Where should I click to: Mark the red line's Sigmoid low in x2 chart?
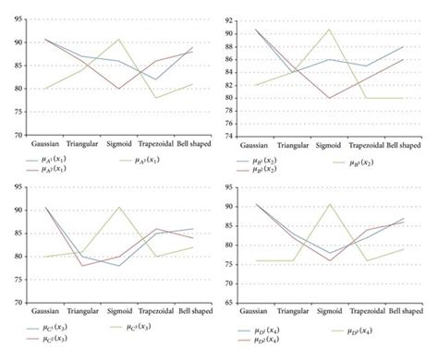click(x=328, y=98)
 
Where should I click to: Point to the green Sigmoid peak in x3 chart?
click(x=118, y=207)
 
